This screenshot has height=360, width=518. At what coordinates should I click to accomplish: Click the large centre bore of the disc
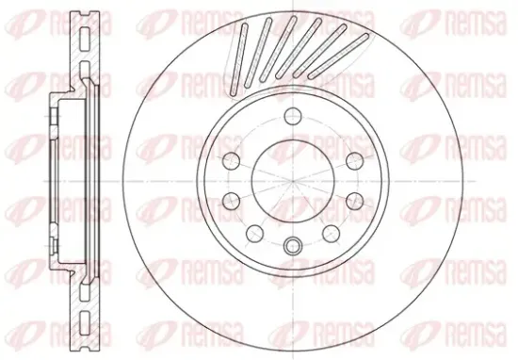(293, 181)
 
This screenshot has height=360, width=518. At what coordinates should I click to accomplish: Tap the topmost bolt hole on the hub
(293, 116)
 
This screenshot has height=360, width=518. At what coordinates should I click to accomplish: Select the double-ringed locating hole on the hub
(293, 246)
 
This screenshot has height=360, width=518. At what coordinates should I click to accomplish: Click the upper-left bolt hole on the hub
(232, 161)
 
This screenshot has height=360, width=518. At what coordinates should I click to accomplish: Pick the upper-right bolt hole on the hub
(354, 161)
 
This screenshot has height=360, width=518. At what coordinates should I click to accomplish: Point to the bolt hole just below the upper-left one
(232, 201)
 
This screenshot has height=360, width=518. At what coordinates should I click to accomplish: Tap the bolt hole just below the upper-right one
(354, 201)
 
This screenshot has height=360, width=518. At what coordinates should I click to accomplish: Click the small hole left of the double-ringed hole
(254, 234)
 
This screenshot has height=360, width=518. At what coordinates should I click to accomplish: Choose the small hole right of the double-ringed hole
(331, 234)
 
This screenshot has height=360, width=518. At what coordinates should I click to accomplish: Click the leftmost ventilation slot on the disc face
(239, 58)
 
